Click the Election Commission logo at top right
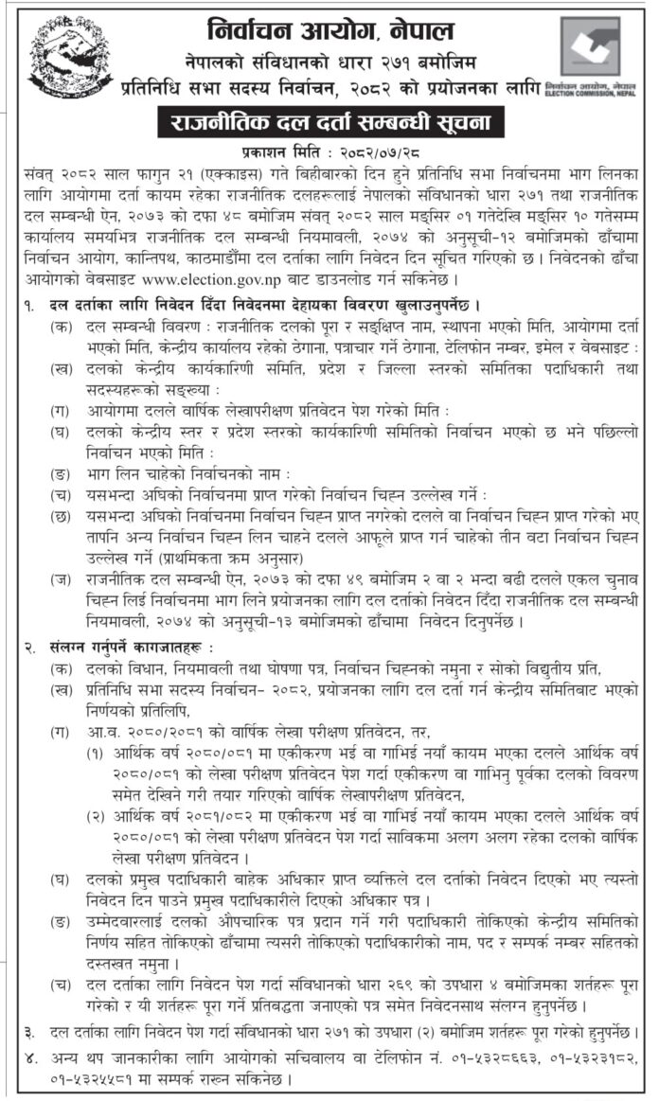pos(590,46)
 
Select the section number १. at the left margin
pos(31,306)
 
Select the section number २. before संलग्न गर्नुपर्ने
pos(31,648)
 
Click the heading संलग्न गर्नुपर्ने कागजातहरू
pos(123,648)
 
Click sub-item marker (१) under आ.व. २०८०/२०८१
pos(97,751)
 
